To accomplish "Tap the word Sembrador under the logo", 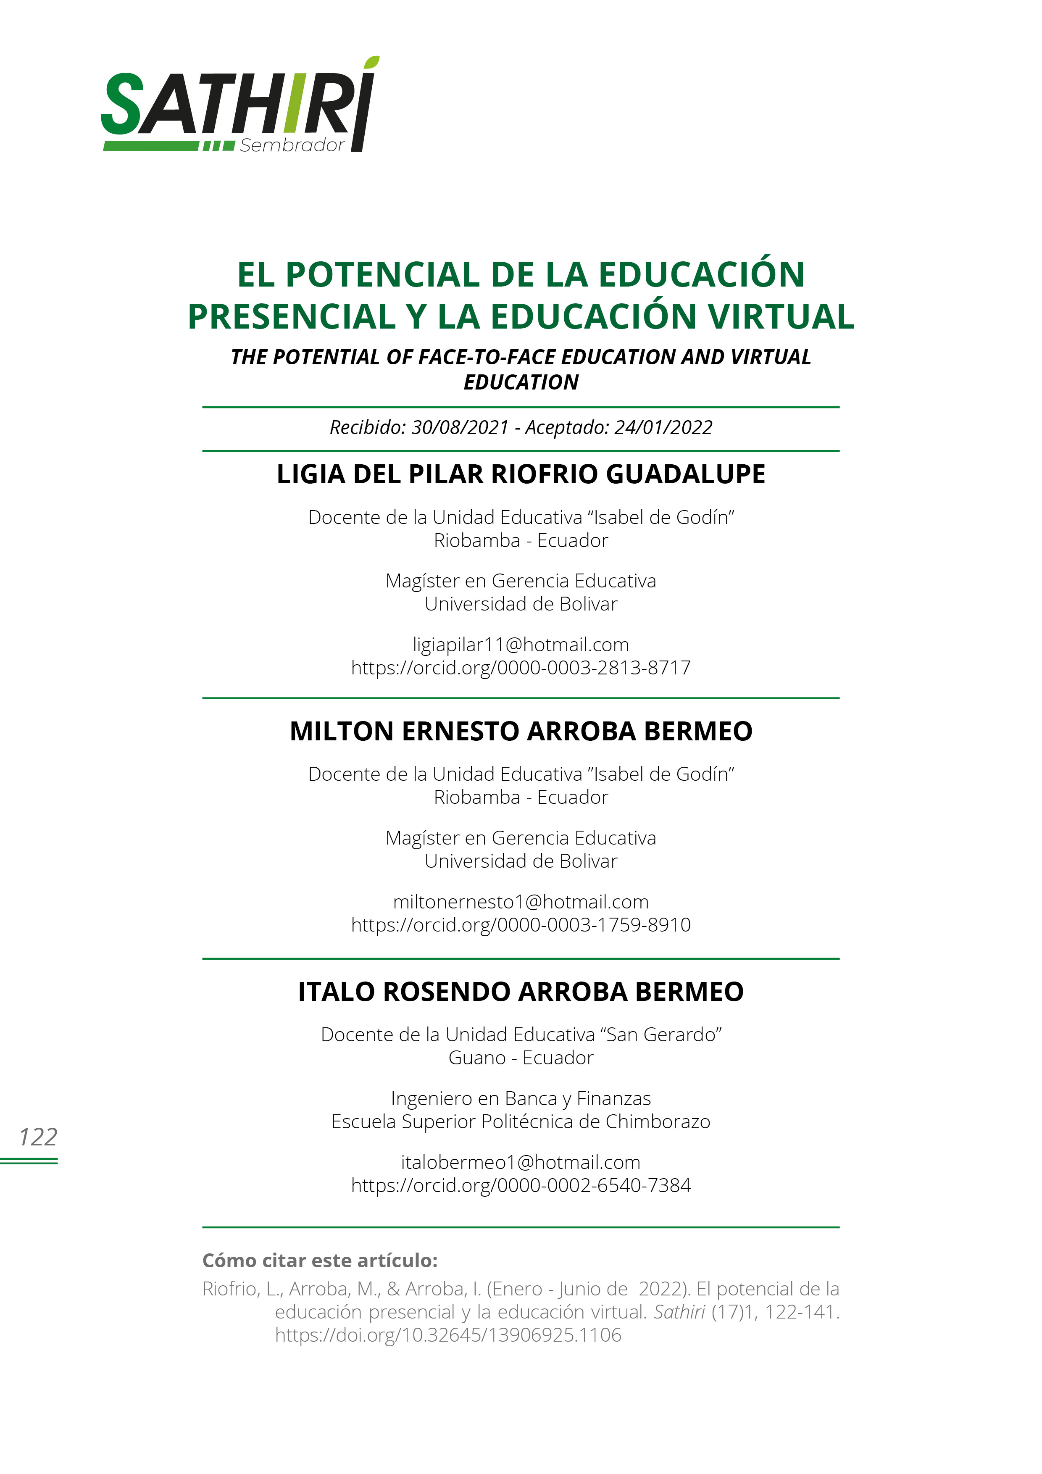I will tap(292, 146).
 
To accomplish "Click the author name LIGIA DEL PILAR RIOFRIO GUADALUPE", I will tap(521, 474).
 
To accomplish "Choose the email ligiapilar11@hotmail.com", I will tap(521, 645).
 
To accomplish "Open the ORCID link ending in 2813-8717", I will tap(521, 668).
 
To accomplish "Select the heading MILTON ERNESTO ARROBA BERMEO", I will tap(521, 731).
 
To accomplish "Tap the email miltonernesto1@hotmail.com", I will tap(521, 902).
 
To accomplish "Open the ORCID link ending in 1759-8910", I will tap(521, 925).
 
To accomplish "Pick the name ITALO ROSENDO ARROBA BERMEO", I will tap(521, 992).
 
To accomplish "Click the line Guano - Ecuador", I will tap(521, 1058).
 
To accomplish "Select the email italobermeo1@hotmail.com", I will tap(521, 1163).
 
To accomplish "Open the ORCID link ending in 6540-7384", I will tap(521, 1186).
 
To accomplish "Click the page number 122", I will tap(39, 1137).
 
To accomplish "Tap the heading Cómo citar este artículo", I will tap(320, 1261).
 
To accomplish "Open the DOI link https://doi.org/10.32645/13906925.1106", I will tap(448, 1335).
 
